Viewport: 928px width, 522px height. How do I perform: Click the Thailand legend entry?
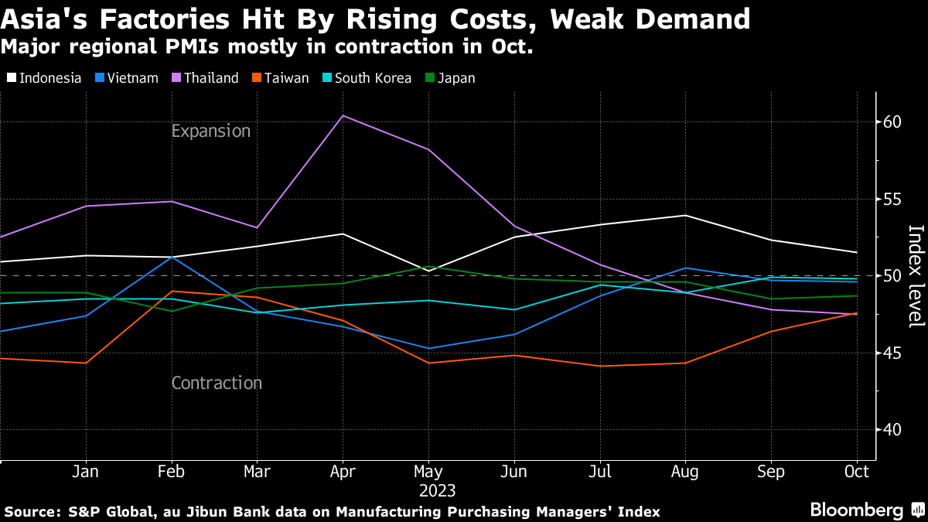click(x=204, y=78)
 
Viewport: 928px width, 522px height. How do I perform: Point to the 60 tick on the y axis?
click(x=892, y=122)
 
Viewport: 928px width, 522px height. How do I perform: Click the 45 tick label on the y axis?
click(x=892, y=353)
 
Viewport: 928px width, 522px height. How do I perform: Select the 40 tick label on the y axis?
click(x=892, y=430)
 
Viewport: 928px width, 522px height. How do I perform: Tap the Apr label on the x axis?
click(x=342, y=472)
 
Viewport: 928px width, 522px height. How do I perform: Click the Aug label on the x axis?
click(x=684, y=472)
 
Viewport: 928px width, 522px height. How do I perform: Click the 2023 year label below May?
click(x=438, y=490)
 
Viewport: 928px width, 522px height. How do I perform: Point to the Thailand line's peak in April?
click(x=343, y=116)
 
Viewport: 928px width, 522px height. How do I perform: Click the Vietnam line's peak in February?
click(x=171, y=257)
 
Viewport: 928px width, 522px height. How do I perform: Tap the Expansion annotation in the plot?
click(x=211, y=131)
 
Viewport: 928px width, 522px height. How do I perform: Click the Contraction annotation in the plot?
click(x=217, y=383)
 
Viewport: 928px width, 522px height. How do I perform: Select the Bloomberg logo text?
click(x=856, y=510)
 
